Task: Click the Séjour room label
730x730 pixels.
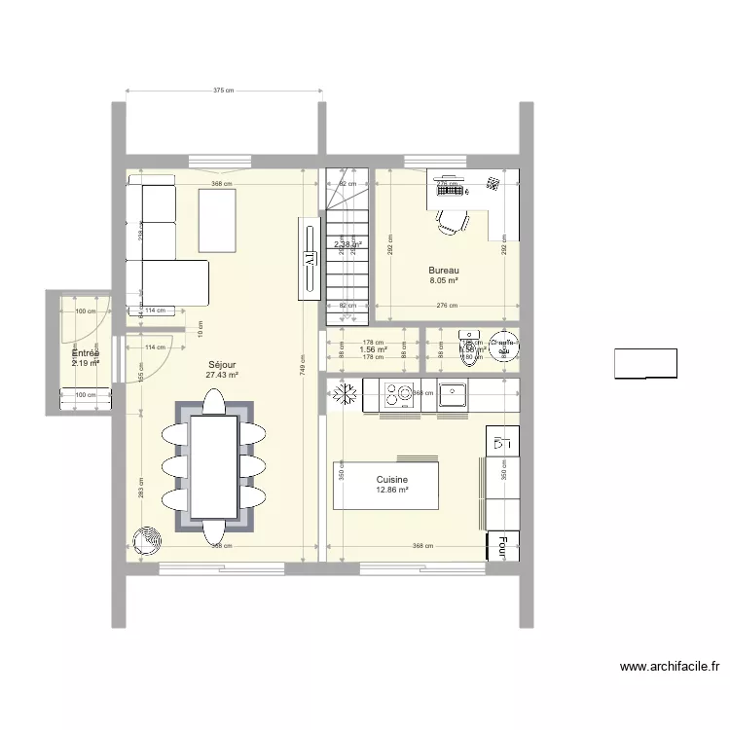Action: click(x=221, y=364)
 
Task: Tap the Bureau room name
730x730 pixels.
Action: click(x=444, y=271)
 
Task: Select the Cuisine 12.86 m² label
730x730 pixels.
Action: click(x=392, y=485)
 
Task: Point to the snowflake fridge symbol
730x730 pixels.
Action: click(x=344, y=394)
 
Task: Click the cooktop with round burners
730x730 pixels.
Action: click(x=399, y=394)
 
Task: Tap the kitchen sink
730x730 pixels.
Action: click(x=454, y=394)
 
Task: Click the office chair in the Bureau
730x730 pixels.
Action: click(x=450, y=222)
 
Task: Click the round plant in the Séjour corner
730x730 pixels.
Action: click(x=149, y=540)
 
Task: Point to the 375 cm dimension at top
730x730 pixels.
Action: click(x=224, y=91)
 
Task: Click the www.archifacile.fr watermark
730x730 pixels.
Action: click(x=670, y=668)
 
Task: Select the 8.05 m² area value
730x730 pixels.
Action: click(x=444, y=280)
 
